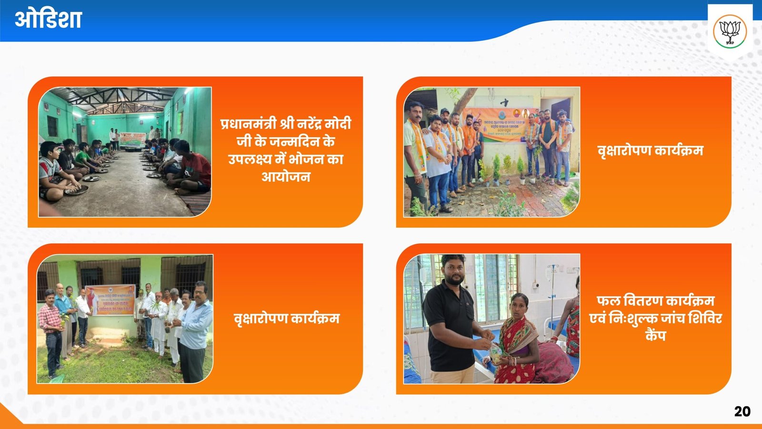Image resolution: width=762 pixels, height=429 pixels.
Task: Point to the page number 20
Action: pyautogui.click(x=742, y=411)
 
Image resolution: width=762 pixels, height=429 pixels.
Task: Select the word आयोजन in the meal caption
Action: pyautogui.click(x=286, y=177)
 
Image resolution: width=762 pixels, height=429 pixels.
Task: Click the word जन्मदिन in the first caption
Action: pyautogui.click(x=294, y=142)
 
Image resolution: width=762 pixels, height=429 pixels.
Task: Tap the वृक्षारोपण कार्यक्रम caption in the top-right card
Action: pyautogui.click(x=650, y=151)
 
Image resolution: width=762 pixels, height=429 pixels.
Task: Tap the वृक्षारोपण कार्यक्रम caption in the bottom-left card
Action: pyautogui.click(x=286, y=318)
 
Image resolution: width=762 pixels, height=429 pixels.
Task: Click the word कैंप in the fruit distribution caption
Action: pyautogui.click(x=655, y=336)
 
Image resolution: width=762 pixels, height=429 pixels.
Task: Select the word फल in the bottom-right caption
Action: pyautogui.click(x=608, y=301)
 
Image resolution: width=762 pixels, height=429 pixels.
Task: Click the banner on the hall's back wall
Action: pyautogui.click(x=132, y=139)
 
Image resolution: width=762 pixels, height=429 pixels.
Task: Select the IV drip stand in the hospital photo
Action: pyautogui.click(x=552, y=291)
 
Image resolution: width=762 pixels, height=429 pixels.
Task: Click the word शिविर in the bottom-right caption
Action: pyautogui.click(x=704, y=318)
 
